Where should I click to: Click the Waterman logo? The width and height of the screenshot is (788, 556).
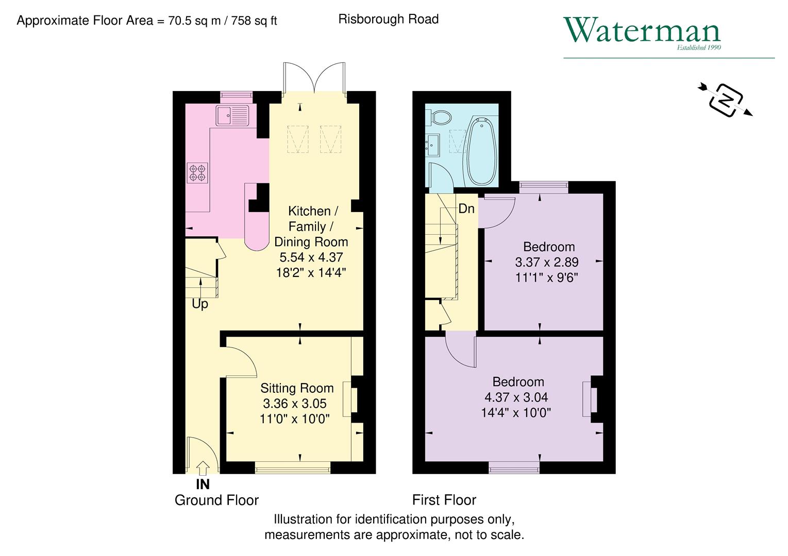click(642, 32)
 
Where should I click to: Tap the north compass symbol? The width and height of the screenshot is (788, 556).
click(726, 99)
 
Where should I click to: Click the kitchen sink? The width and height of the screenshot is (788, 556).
click(232, 115)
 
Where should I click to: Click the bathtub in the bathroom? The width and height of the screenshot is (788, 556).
click(482, 152)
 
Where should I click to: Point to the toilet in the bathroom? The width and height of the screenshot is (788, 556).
click(439, 117)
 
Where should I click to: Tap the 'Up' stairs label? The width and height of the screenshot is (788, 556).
click(200, 304)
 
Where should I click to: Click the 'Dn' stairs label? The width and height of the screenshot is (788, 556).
click(466, 208)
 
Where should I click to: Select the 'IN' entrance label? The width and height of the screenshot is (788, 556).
click(203, 484)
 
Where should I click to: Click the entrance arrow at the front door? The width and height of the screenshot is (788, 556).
click(203, 467)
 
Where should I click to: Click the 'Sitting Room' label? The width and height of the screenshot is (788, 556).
click(297, 388)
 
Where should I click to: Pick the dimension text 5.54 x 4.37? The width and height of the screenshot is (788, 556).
click(311, 257)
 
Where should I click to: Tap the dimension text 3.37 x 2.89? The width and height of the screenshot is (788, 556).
click(547, 262)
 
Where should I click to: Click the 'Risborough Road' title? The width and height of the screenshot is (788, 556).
click(388, 19)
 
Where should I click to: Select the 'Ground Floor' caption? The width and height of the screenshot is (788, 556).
click(216, 500)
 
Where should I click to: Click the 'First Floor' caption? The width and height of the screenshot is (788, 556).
click(444, 500)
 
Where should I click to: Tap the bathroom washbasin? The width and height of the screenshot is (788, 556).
click(432, 144)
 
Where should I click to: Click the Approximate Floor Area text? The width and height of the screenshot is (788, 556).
click(147, 21)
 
